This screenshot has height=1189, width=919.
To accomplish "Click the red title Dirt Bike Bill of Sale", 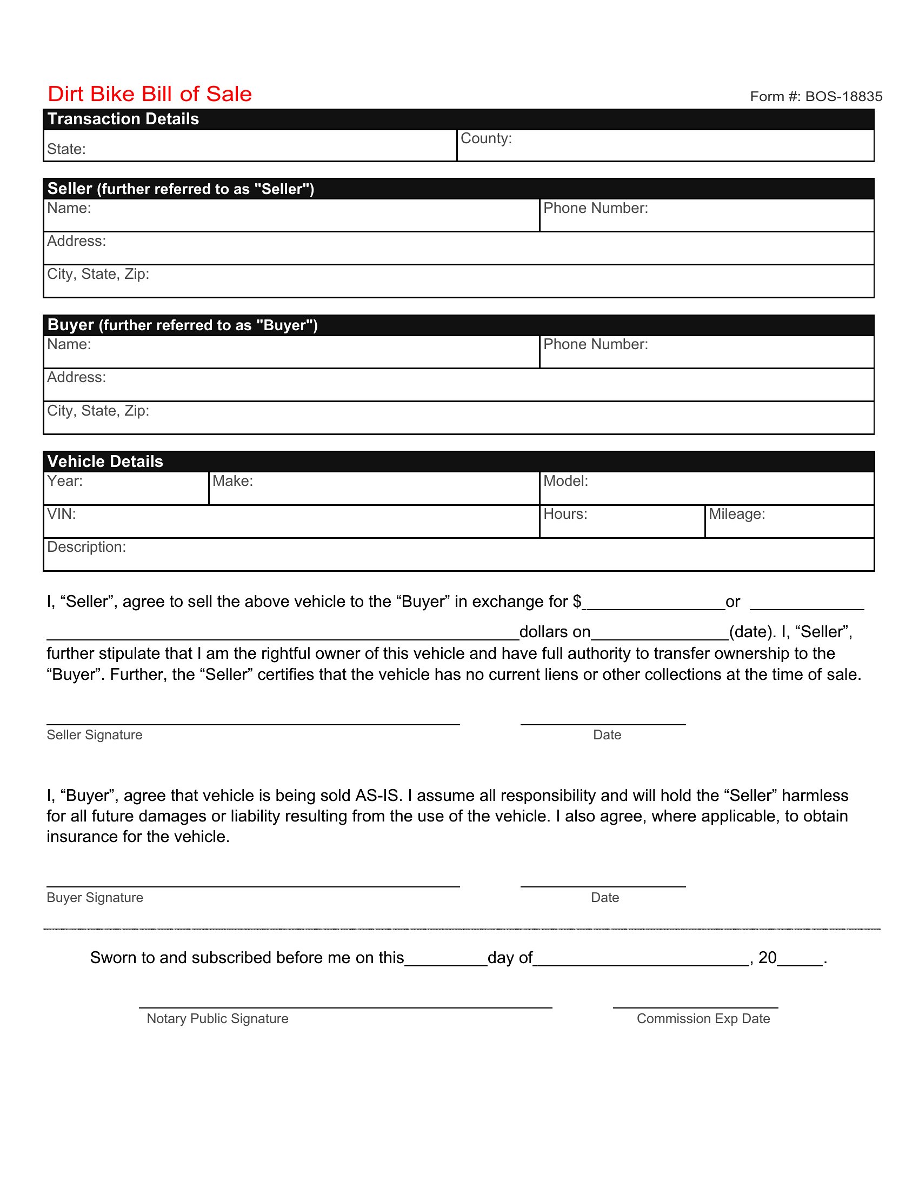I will (x=150, y=94).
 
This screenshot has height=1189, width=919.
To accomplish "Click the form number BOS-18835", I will (x=816, y=97).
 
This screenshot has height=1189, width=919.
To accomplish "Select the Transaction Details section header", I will (x=124, y=119).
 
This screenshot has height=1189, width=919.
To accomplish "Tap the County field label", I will (x=485, y=138).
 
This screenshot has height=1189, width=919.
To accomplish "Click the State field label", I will (x=66, y=149).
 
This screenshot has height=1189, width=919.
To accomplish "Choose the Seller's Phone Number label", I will (x=595, y=209).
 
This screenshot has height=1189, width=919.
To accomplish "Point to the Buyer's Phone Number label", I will (x=595, y=345).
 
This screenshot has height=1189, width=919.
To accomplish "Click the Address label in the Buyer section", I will (x=76, y=377).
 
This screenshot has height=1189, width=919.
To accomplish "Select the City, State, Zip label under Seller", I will (x=98, y=274).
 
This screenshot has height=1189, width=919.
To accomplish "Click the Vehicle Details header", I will (x=105, y=462).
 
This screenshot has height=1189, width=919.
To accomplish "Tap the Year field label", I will (x=65, y=481).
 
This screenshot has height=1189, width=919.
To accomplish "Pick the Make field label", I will (x=232, y=481).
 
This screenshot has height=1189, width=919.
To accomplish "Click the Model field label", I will (x=565, y=481).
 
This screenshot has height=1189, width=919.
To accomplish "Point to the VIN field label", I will (x=62, y=514).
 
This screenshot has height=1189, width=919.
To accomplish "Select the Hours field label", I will (x=564, y=514).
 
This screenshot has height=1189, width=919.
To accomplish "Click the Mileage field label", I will (x=736, y=514).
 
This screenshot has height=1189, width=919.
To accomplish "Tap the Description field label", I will (x=86, y=547).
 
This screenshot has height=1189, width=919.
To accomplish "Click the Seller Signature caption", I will (x=94, y=735).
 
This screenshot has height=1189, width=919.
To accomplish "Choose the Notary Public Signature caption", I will (x=217, y=1019).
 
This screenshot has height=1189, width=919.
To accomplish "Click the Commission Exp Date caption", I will (x=703, y=1019).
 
